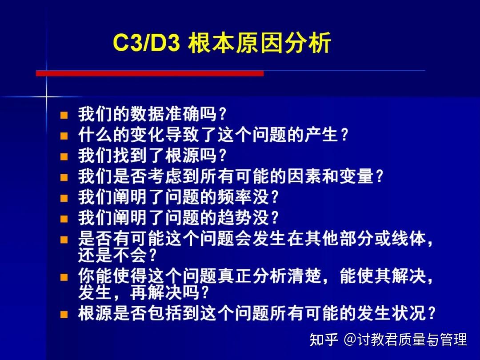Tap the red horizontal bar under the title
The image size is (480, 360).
150,73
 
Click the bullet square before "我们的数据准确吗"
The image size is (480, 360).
64,116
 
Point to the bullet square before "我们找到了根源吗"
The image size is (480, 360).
64,157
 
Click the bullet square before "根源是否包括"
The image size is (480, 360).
64,315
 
